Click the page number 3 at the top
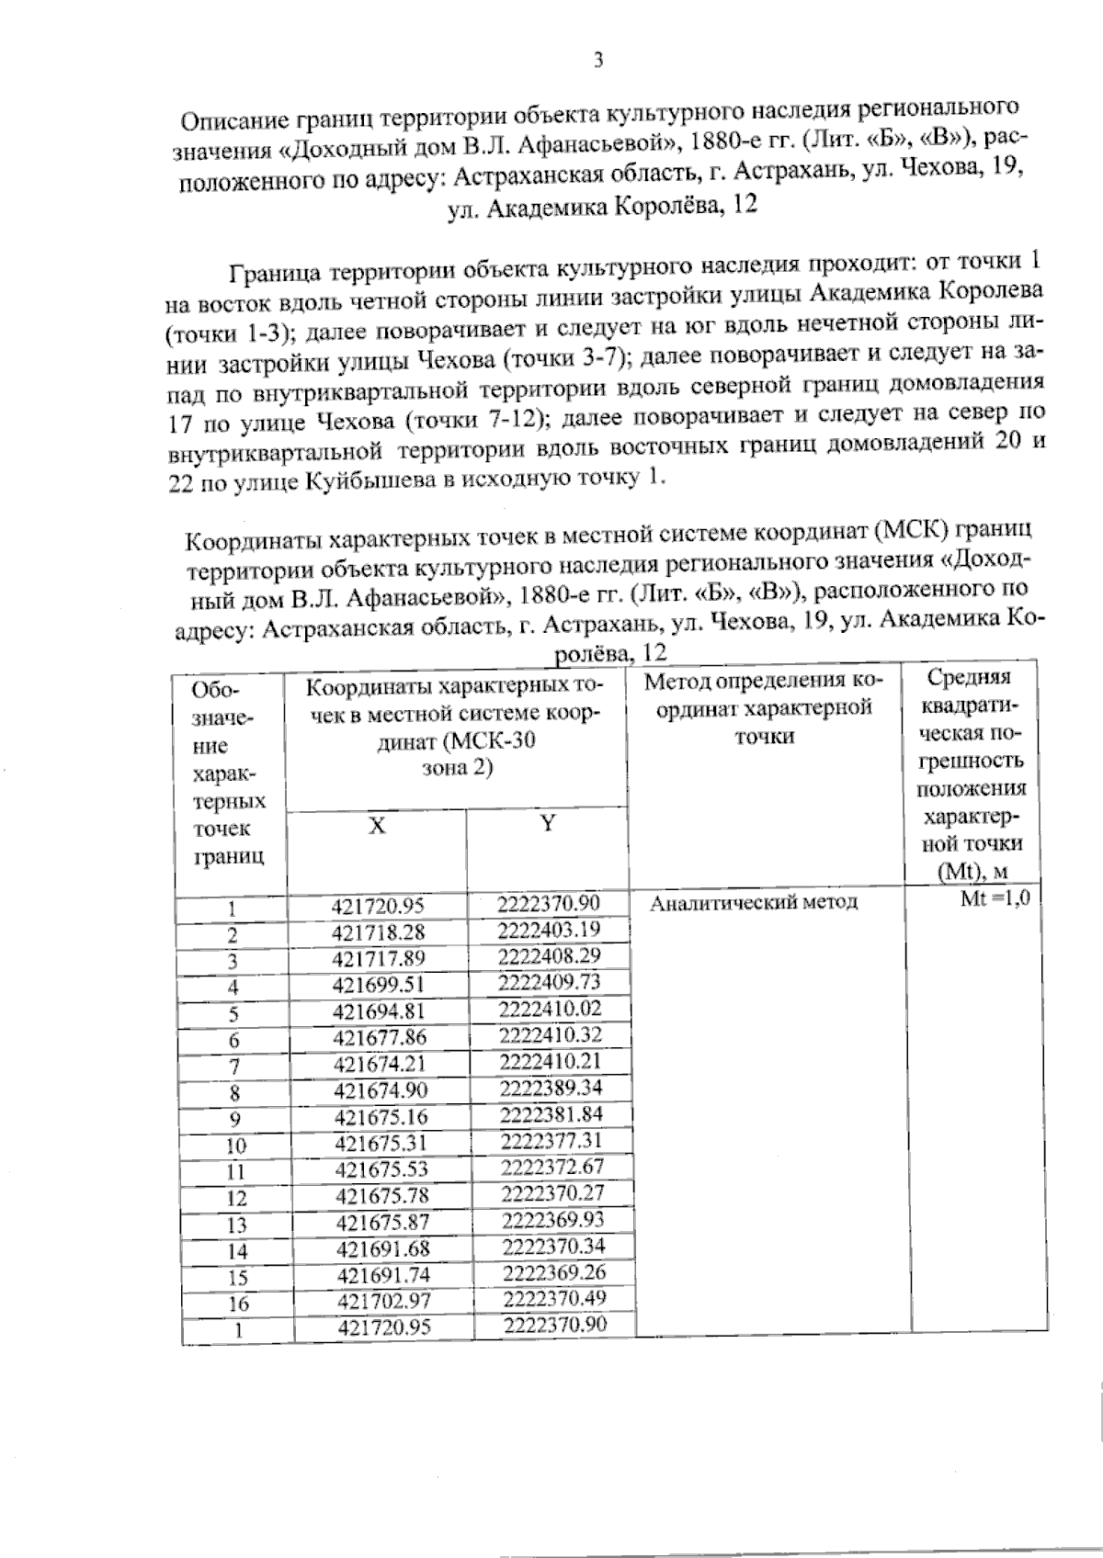[x=598, y=62]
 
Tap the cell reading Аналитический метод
[x=754, y=902]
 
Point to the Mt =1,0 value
[x=994, y=898]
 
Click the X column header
[x=377, y=826]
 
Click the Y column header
[x=548, y=823]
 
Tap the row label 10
[x=236, y=1146]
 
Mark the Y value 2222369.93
[x=553, y=1220]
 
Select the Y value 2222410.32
[x=550, y=1035]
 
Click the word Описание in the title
[x=229, y=120]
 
